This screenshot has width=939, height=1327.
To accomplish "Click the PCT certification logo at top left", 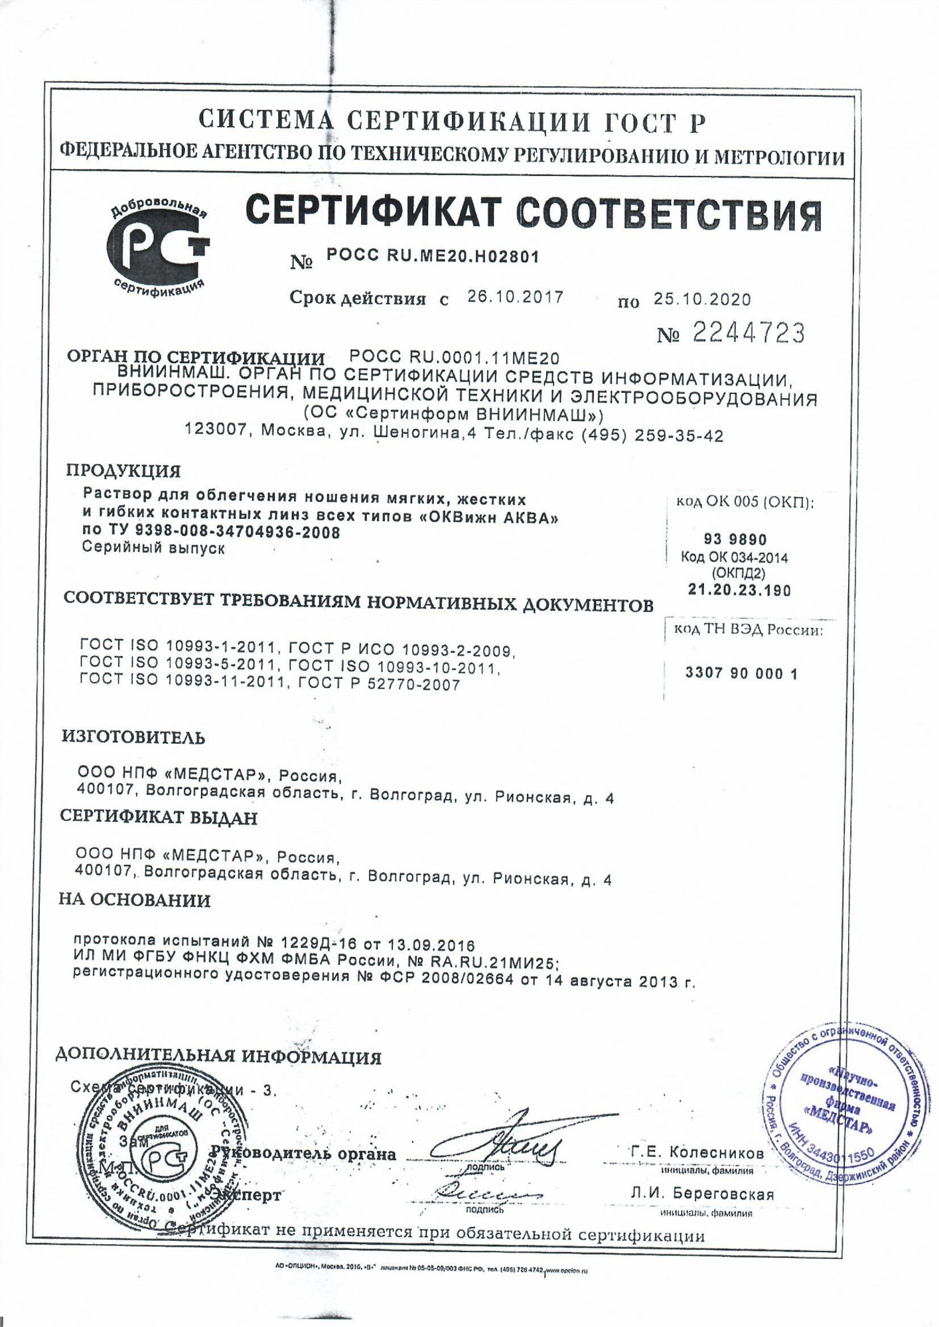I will tap(157, 247).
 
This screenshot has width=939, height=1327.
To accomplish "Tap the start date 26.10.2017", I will tap(515, 297).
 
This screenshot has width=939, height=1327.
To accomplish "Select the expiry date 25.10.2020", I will tap(702, 299).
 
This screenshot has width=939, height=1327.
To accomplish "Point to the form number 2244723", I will tap(748, 332).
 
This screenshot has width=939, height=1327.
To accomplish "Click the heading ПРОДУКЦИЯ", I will tap(123, 471).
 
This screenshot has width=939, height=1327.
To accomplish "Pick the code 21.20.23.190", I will tap(739, 590).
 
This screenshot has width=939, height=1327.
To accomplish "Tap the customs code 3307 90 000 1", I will tap(741, 674).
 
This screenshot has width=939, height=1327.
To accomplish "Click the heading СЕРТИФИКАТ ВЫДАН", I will tap(159, 817).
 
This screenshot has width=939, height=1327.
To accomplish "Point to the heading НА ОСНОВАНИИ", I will tap(135, 900).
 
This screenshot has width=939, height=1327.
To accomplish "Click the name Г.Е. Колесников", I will tap(697, 1153).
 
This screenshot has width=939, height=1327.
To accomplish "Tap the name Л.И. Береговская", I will tap(702, 1194).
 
